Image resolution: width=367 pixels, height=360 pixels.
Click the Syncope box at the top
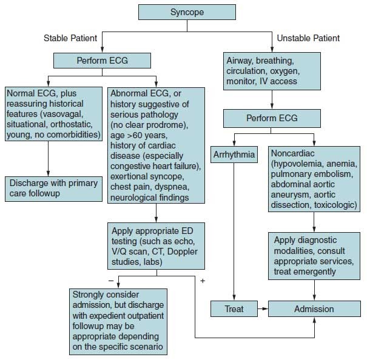point(188,12)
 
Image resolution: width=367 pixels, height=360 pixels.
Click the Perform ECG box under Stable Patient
point(102,61)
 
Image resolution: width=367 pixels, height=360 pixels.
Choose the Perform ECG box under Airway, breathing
point(272,118)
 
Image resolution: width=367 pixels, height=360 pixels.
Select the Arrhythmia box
point(234,155)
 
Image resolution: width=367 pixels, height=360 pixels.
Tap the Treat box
point(234,308)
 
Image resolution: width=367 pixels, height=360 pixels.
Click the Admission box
point(314,308)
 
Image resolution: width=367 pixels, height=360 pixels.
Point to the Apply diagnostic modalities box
point(314,256)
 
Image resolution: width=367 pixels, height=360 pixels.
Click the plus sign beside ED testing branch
point(202,281)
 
